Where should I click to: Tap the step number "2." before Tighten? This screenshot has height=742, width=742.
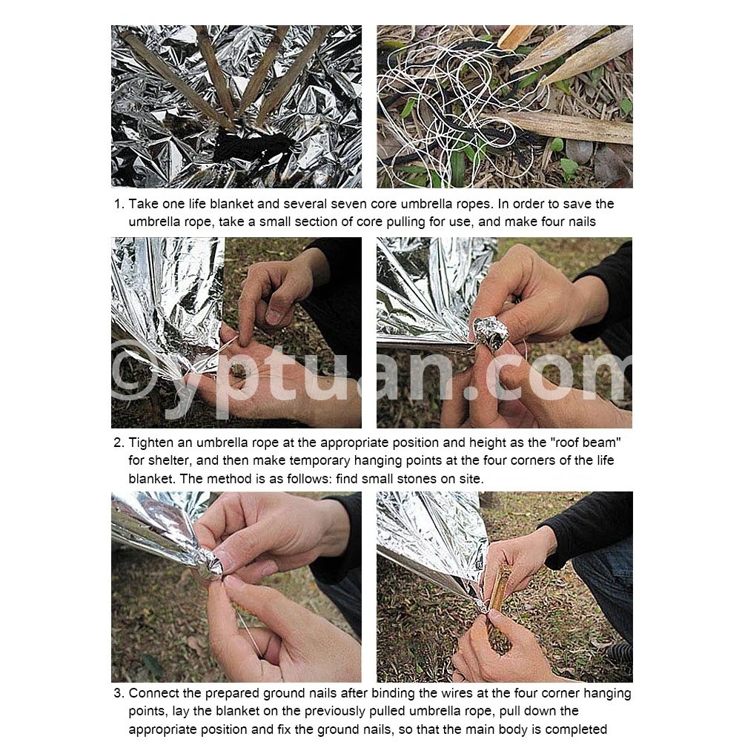(119, 443)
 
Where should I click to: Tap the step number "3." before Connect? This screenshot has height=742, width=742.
(119, 693)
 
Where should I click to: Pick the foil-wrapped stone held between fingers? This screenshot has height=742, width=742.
(490, 332)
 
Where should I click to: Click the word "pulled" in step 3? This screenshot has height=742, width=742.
(386, 712)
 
